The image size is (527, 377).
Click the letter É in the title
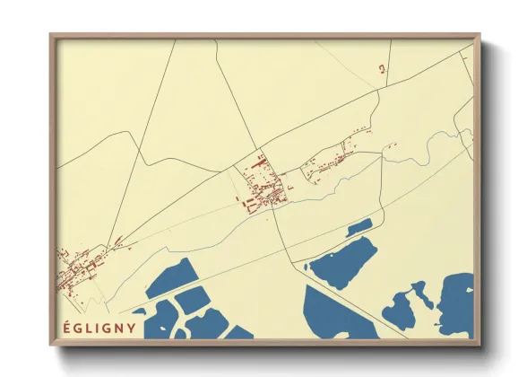coord(66,327)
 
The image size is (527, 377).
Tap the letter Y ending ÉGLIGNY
coord(132,328)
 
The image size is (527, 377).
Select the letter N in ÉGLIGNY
coord(120,328)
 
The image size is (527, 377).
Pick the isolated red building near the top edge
coord(382,68)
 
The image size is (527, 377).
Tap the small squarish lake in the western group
coord(192,301)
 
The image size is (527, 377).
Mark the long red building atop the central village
coord(263,162)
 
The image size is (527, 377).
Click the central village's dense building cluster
coord(262,190)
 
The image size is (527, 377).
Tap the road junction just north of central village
coord(261,148)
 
